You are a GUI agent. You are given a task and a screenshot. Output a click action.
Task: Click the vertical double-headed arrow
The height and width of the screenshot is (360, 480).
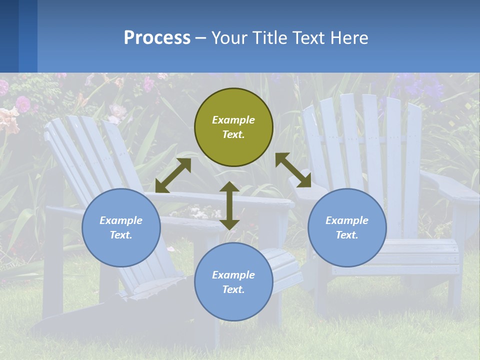(x=229, y=205)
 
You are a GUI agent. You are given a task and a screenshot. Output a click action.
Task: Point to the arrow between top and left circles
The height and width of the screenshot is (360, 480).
(x=173, y=175)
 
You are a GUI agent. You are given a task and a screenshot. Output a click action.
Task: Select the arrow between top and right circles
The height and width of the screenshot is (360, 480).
(x=293, y=170)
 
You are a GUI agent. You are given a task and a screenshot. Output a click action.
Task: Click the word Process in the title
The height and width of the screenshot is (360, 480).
(x=157, y=37)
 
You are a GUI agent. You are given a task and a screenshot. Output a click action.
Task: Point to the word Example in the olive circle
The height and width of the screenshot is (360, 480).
(x=233, y=120)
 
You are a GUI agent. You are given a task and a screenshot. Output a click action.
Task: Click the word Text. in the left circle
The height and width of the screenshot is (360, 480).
(x=121, y=235)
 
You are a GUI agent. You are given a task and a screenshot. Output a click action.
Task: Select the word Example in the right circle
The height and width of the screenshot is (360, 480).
(x=347, y=220)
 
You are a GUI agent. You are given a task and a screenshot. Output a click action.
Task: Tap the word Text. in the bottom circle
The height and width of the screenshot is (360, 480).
(x=233, y=289)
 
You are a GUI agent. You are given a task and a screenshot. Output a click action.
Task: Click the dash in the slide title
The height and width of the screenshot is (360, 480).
(x=200, y=38)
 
